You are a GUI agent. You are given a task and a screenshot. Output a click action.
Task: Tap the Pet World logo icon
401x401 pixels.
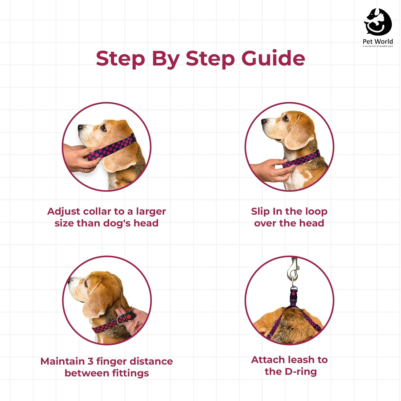pyautogui.click(x=378, y=22)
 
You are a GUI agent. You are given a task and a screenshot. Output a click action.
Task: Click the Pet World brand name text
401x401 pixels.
pyautogui.click(x=378, y=41)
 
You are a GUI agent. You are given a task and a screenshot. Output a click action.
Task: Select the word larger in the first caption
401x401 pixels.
pyautogui.click(x=151, y=212)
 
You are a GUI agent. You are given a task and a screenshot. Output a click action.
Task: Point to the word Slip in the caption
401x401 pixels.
pyautogui.click(x=260, y=212)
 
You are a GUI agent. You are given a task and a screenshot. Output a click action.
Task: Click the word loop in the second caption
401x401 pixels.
pyautogui.click(x=316, y=212)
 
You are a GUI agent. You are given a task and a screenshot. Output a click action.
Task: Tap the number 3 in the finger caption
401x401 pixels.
pyautogui.click(x=90, y=361)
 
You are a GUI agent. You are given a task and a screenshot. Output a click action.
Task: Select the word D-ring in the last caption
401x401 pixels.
pyautogui.click(x=301, y=372)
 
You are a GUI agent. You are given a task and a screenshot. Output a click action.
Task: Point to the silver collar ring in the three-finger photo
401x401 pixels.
pyautogui.click(x=120, y=319)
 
